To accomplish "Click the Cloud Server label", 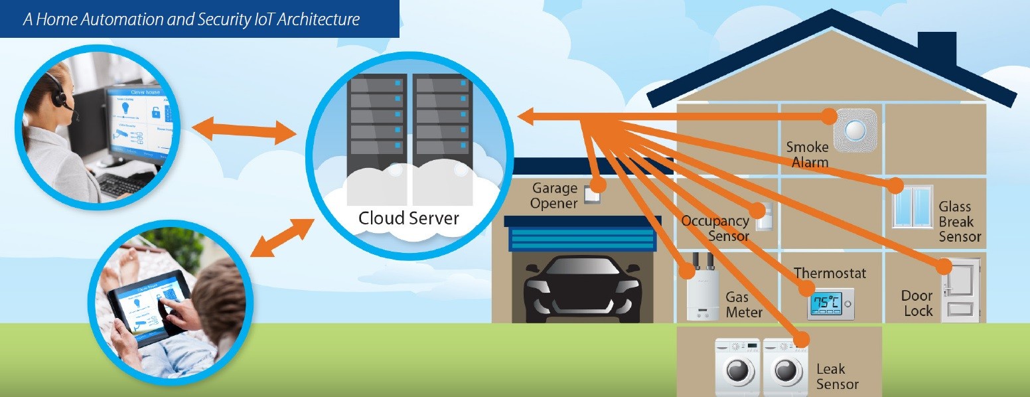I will tap(408, 218).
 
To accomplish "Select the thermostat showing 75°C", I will tap(830, 305).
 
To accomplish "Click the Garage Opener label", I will tap(554, 196).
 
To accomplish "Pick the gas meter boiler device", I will tap(703, 292).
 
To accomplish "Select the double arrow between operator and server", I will tap(244, 129).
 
